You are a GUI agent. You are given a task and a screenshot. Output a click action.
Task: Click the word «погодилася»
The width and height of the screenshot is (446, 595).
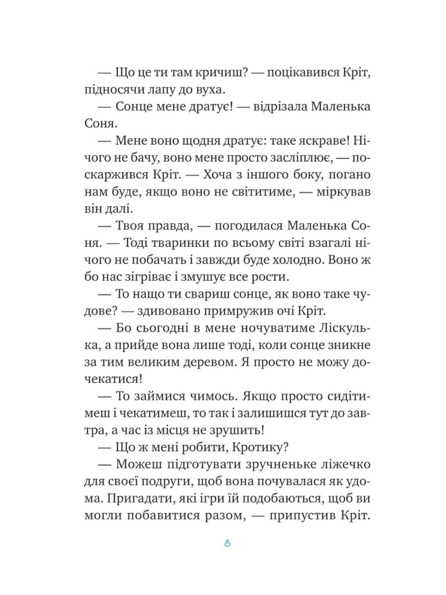click(x=244, y=226)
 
